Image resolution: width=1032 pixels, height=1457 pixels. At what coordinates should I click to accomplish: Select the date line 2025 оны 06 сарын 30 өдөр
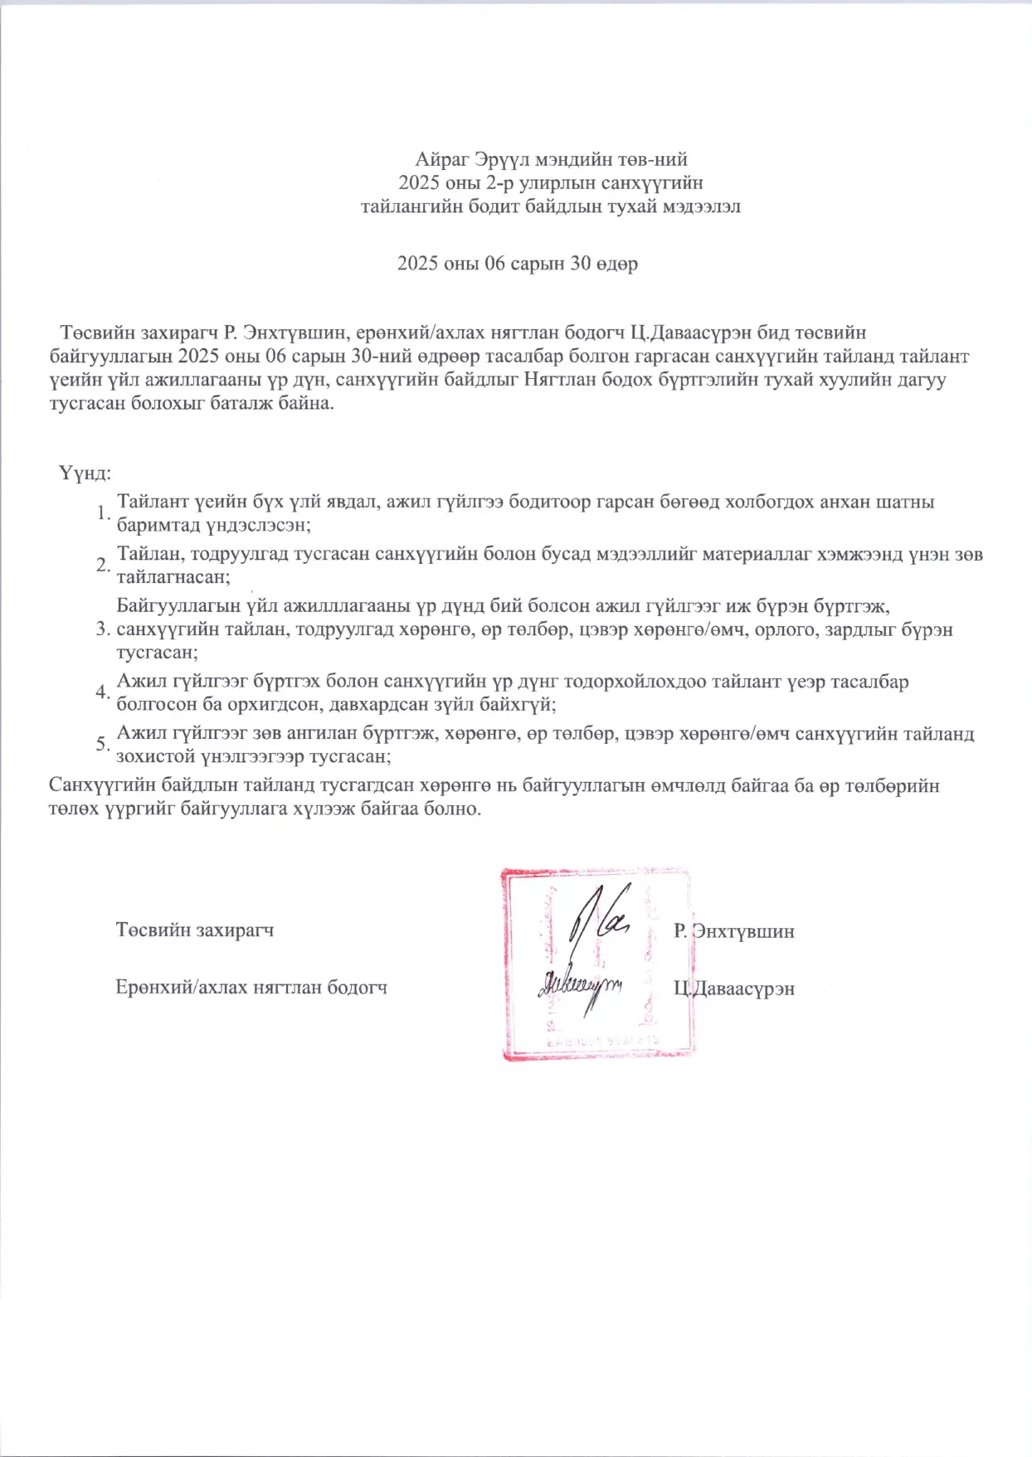(517, 264)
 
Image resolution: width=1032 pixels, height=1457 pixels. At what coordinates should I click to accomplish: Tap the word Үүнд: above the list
(85, 474)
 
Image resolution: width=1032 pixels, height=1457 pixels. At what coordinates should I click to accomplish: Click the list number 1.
(100, 513)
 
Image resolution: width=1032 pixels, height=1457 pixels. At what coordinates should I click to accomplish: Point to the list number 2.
(100, 566)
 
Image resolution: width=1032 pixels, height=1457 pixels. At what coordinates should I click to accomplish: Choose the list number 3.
(100, 629)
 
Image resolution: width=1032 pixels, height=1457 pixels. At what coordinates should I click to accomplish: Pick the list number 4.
(100, 692)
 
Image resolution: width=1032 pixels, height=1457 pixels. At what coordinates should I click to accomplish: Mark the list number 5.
(100, 745)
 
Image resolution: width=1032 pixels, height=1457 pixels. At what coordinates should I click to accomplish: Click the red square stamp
(597, 964)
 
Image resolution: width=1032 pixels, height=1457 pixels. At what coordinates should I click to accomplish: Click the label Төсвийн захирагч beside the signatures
(195, 930)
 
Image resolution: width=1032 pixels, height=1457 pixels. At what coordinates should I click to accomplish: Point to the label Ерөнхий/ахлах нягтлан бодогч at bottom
(251, 988)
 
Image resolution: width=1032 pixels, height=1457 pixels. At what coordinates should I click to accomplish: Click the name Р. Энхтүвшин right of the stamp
(734, 931)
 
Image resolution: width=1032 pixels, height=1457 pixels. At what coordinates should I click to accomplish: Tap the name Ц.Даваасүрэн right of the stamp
(734, 988)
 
